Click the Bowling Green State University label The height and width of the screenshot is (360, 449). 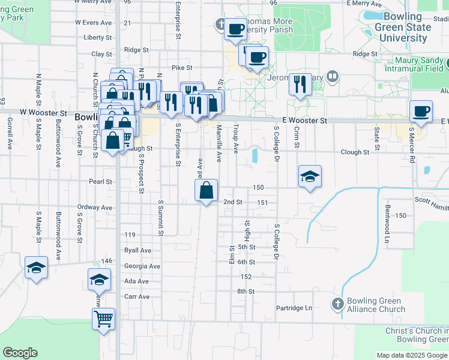[402, 27]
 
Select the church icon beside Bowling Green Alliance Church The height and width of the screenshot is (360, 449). [337, 304]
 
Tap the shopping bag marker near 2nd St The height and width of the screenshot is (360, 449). [206, 191]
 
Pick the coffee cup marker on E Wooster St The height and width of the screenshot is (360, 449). [421, 112]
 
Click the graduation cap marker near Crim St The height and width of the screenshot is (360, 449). [310, 177]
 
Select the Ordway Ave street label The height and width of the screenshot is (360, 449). [95, 208]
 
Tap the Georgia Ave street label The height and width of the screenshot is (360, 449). [142, 266]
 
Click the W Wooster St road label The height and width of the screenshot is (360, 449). [43, 112]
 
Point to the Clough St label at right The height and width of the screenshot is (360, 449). [355, 152]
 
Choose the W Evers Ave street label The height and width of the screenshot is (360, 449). [94, 22]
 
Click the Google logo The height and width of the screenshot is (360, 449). [20, 353]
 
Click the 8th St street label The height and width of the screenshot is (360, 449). [246, 292]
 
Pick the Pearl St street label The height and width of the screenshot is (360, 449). [100, 181]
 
